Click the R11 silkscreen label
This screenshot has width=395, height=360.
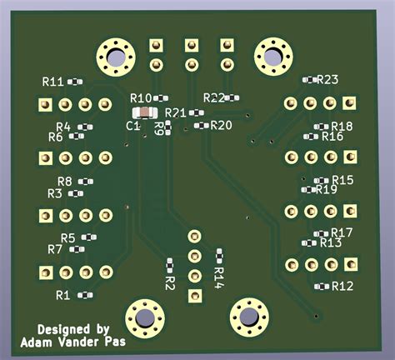52,82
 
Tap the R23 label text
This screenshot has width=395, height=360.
327,80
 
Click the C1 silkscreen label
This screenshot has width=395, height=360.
132,125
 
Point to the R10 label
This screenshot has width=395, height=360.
141,98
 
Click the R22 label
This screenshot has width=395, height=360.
214,97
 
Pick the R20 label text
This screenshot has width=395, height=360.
222,125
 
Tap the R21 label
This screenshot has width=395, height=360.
176,112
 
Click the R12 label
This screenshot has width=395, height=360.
342,286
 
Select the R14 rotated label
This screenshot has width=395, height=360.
219,277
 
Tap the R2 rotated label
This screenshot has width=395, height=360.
170,283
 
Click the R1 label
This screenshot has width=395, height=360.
63,295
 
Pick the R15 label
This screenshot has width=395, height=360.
342,180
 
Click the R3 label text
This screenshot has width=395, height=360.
54,193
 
